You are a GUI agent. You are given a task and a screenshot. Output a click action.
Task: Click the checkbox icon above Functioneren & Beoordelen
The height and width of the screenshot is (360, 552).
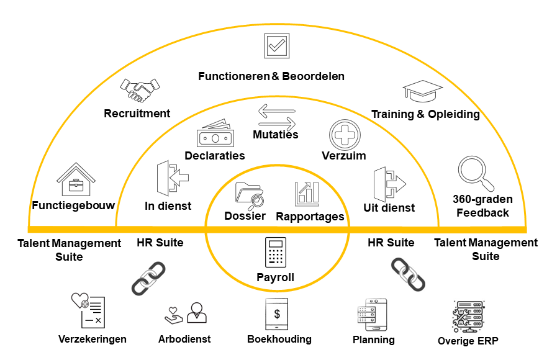(x=276, y=46)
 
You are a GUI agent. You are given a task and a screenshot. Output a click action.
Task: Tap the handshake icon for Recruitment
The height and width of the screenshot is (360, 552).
(x=140, y=89)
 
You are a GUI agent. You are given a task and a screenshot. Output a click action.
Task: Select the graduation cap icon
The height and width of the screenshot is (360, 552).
(x=423, y=92)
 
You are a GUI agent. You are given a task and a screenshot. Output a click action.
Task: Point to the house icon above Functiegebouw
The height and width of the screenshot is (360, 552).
(x=76, y=181)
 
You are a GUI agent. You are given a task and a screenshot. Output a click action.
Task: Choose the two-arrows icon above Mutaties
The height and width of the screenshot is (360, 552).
(x=276, y=116)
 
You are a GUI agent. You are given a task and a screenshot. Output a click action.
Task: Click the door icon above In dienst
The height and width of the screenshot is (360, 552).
(x=172, y=179)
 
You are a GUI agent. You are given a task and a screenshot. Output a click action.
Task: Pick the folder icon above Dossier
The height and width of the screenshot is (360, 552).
(x=250, y=194)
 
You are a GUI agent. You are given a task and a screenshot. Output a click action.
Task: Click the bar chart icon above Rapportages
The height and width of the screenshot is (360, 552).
(x=307, y=194)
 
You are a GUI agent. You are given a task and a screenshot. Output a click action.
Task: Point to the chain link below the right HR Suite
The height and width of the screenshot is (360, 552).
(x=408, y=275)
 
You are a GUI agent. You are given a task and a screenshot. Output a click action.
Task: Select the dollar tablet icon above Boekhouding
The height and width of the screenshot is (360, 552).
(x=278, y=315)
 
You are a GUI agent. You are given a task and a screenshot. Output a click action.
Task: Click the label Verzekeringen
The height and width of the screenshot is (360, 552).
(x=93, y=339)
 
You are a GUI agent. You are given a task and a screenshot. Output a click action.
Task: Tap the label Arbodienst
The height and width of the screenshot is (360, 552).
(x=184, y=339)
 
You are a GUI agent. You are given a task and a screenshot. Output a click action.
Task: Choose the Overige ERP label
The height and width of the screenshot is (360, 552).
(x=468, y=341)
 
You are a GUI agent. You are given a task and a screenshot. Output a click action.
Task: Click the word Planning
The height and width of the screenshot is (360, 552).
(x=373, y=340)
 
